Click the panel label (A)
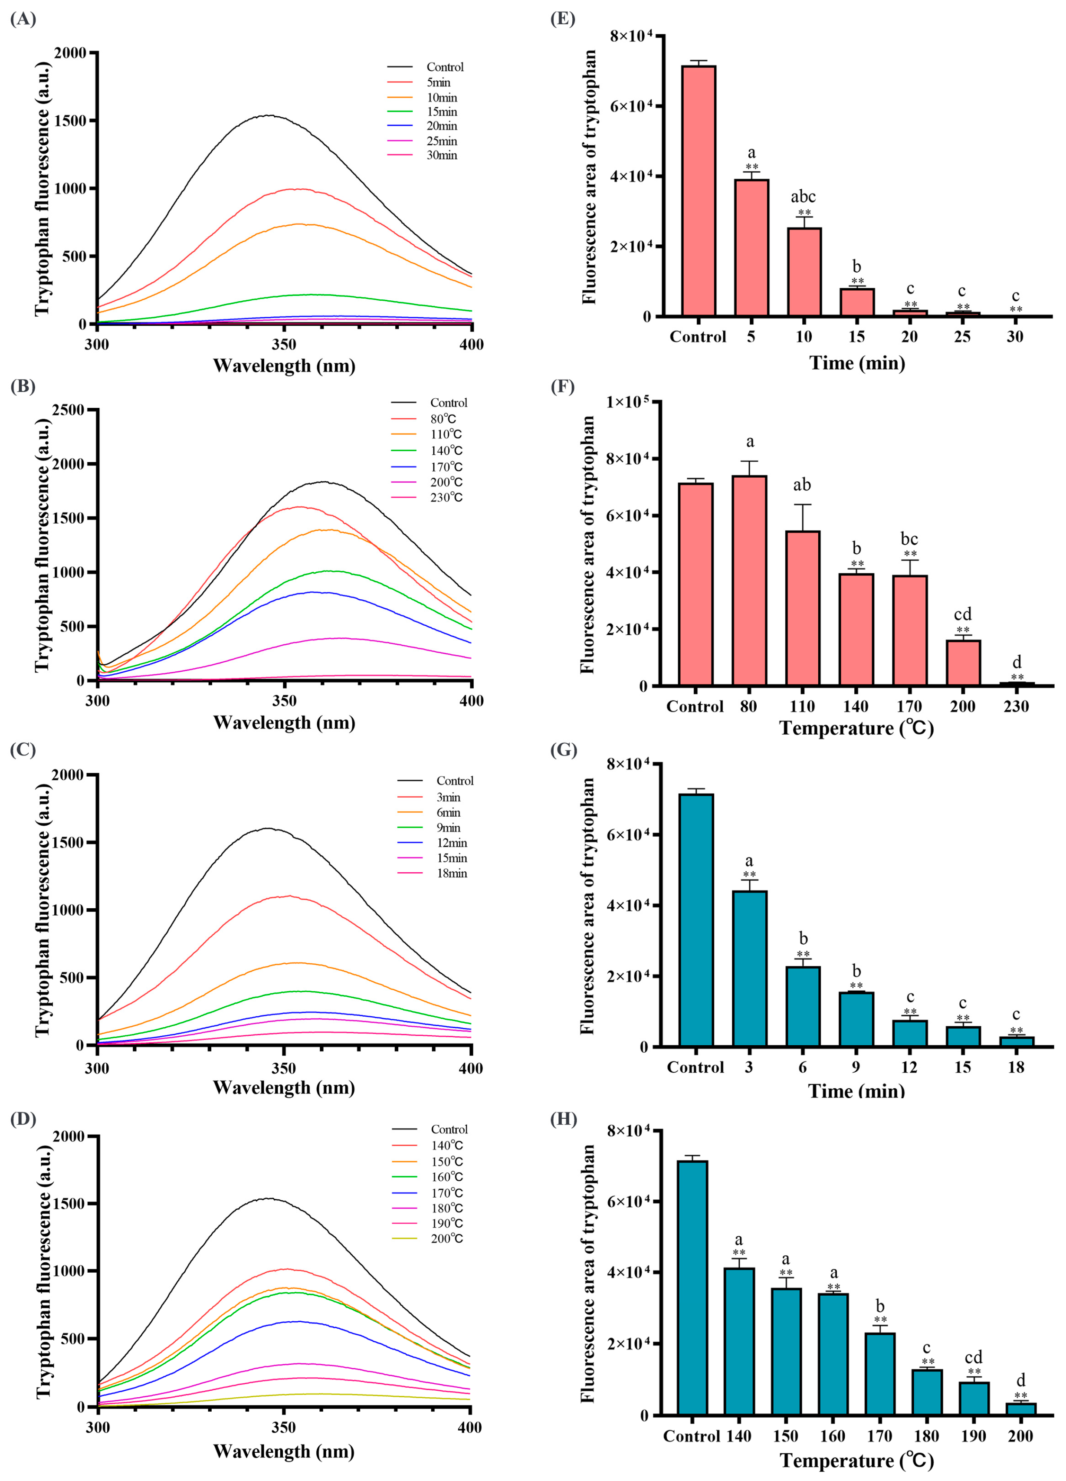[x=23, y=19]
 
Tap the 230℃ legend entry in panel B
[x=446, y=498]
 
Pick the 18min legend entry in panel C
[x=451, y=873]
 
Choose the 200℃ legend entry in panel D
[x=446, y=1238]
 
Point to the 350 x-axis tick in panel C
[x=284, y=1069]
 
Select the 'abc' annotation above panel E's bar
[x=803, y=197]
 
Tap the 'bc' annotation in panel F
[x=909, y=539]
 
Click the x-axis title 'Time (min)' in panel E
[x=857, y=363]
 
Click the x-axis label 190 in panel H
[x=973, y=1436]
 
